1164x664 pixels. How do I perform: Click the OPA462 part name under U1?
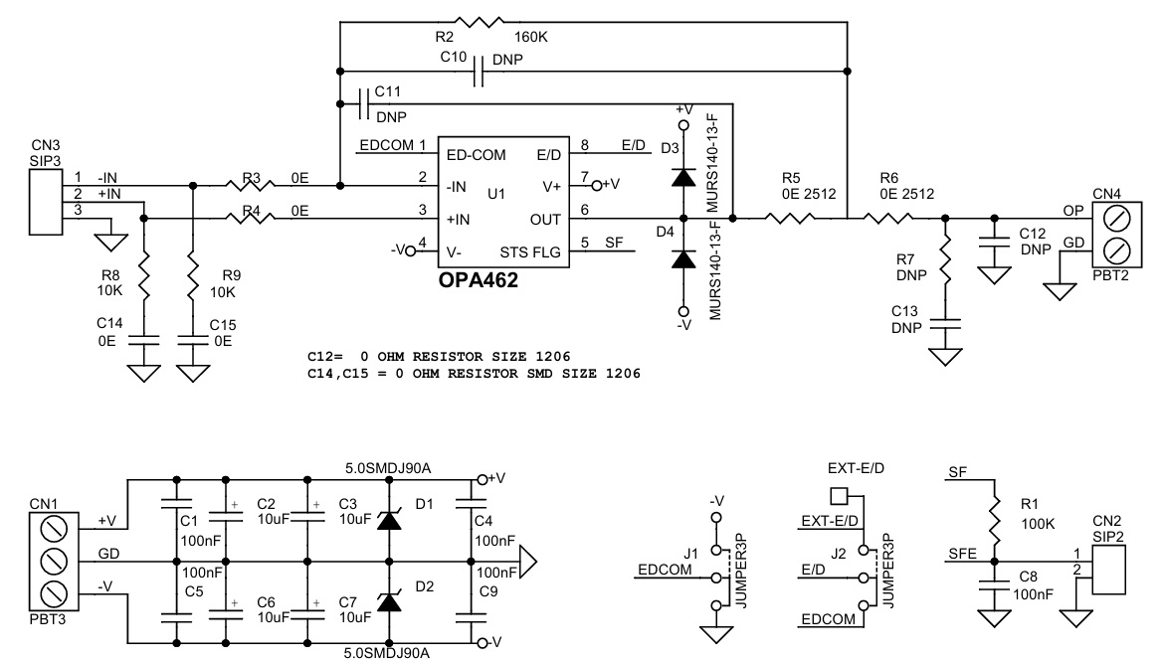[x=479, y=280]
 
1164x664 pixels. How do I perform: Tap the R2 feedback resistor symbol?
[x=479, y=22]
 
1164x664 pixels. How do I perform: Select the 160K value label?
[x=531, y=37]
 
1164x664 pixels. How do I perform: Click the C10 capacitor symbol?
[x=479, y=72]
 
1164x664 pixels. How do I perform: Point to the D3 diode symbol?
[x=682, y=177]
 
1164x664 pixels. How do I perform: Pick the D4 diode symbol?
[x=682, y=258]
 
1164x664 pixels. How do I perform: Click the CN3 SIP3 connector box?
[x=46, y=202]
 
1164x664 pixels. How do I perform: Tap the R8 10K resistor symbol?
[x=144, y=276]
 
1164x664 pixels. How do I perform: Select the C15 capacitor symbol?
[x=193, y=340]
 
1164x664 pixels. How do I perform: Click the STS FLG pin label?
[x=530, y=252]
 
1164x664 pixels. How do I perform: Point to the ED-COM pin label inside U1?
[x=476, y=155]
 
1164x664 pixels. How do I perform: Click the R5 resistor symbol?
[x=789, y=218]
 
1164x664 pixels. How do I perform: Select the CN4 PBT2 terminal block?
[x=1117, y=235]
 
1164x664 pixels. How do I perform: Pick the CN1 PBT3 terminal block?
[x=54, y=562]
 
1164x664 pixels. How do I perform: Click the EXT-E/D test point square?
[x=839, y=495]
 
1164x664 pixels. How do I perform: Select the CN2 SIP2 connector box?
[x=1108, y=569]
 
